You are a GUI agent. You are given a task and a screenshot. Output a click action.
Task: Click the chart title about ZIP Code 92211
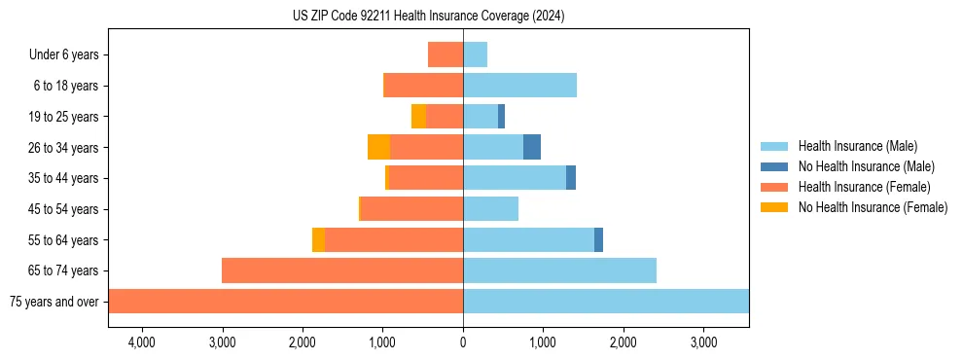[x=428, y=17]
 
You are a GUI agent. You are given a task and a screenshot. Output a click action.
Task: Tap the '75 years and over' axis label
[x=53, y=302]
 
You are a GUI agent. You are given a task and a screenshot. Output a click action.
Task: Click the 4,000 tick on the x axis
[x=142, y=342]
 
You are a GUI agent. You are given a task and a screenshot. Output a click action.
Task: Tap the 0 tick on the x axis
[x=463, y=342]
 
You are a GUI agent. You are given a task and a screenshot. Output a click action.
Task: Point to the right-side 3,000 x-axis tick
[x=703, y=342]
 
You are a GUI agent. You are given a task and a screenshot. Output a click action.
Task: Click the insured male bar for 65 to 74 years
[x=559, y=270]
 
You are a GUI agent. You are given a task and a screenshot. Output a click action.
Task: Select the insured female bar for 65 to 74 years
[x=342, y=270]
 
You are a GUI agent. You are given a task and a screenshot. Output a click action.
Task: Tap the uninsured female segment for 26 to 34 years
[x=378, y=147]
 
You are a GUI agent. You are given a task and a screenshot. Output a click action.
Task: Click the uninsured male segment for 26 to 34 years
[x=532, y=147]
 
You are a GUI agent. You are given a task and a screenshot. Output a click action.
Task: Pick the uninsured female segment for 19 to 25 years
[x=418, y=117]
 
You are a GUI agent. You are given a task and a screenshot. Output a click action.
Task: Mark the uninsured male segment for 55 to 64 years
[x=598, y=239]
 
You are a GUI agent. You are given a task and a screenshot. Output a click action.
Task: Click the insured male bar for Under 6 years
[x=475, y=54]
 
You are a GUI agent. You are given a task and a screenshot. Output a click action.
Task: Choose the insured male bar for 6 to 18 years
[x=519, y=86]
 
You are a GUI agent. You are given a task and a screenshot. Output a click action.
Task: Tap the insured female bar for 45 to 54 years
[x=411, y=208]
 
